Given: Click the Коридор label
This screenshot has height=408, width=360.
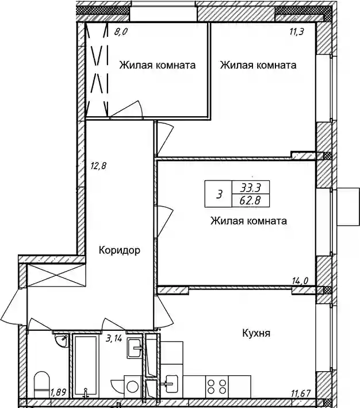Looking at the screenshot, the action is coord(120,250).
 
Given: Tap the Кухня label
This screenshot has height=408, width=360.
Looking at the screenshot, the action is coord(256,333).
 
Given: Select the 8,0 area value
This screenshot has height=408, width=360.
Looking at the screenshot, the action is coord(121,32).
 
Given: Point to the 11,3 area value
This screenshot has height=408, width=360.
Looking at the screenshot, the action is coord(297,32).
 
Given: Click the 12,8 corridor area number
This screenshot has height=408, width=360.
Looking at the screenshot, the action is coord(98,166).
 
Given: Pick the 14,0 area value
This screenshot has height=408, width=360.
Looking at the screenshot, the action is coord(301,281).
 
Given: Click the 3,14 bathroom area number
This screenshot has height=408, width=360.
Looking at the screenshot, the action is coord(114,338).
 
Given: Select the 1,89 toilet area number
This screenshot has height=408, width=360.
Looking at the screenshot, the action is coord(58,392).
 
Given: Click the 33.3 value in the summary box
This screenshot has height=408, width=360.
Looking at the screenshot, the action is coord(250,187).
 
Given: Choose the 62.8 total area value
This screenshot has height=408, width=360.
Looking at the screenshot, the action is coord(250,201).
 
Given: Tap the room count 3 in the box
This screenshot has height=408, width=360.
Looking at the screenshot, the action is coord(220,194).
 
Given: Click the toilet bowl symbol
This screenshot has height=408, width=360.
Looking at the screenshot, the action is coord(41,384).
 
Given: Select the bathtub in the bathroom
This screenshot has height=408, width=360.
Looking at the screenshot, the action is coord(85,367).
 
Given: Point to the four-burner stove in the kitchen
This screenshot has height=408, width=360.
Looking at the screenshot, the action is coord(217,387).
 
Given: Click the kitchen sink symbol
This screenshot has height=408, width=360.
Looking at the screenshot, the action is coord(171,384).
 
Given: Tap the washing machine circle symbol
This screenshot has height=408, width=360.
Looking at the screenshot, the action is coord(133,386).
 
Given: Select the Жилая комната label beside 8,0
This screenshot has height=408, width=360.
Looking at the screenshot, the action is coord(158,65).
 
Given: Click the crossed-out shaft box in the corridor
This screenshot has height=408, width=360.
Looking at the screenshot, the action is coord(56,275).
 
